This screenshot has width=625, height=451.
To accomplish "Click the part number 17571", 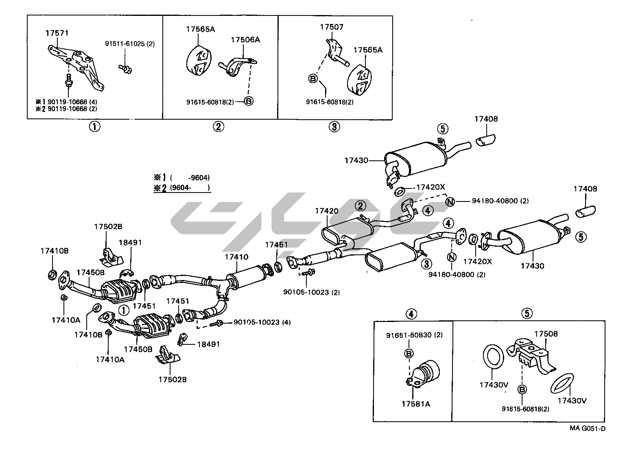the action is click(57, 33).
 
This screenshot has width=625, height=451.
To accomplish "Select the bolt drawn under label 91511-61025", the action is click(125, 69).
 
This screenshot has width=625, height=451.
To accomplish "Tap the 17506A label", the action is click(245, 40).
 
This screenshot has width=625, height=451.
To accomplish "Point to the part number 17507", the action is click(332, 27).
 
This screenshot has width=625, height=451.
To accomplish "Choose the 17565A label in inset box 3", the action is click(368, 50).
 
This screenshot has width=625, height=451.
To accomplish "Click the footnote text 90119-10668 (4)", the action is click(72, 102).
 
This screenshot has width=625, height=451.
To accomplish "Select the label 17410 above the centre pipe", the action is click(236, 257).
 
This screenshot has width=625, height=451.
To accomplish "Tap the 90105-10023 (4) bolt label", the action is click(262, 322).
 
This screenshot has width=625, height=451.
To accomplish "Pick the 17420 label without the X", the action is click(326, 211).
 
